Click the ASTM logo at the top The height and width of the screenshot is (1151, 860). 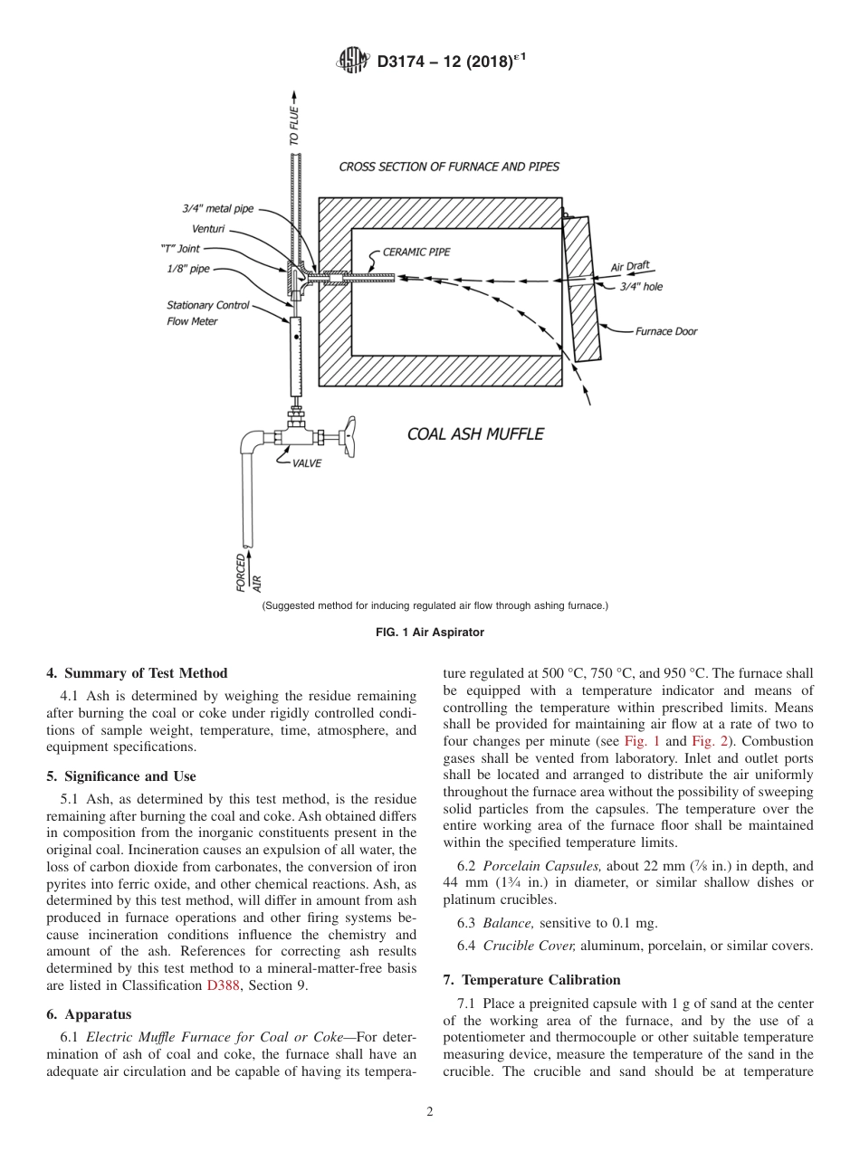(x=352, y=62)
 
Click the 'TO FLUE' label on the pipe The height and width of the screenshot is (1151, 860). (x=294, y=128)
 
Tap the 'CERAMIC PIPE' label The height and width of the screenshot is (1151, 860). (x=416, y=252)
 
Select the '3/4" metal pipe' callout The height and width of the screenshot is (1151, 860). (x=218, y=208)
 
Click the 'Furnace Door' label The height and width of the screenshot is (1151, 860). (x=665, y=331)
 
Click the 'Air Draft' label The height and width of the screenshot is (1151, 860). (x=630, y=267)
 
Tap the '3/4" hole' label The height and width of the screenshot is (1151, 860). (x=641, y=286)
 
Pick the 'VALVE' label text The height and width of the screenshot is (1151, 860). (x=306, y=463)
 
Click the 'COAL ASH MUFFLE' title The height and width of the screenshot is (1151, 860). (x=475, y=434)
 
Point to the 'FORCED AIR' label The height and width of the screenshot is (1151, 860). (x=249, y=572)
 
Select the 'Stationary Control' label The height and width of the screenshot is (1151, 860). (x=208, y=306)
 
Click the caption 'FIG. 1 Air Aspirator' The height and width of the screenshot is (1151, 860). (x=430, y=633)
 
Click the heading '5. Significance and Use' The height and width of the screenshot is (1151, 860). (x=121, y=776)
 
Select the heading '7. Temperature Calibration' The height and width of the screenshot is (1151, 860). (x=531, y=980)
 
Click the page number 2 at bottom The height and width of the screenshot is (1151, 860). (x=430, y=1112)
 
